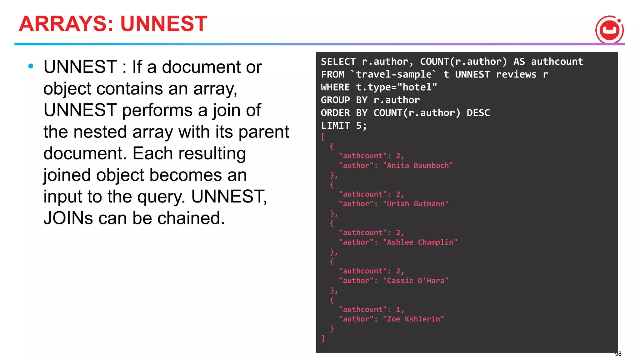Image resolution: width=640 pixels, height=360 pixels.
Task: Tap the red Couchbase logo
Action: pos(609,30)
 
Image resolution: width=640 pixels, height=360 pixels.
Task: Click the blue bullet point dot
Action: pos(31,66)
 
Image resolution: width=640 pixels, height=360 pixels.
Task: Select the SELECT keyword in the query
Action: pos(338,62)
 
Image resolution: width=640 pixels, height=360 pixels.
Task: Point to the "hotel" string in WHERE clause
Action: pos(417,87)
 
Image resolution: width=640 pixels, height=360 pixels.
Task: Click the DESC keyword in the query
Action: pos(478,113)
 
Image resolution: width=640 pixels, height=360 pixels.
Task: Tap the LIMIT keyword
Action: pos(335,126)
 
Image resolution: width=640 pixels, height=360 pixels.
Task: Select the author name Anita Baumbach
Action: pos(418,165)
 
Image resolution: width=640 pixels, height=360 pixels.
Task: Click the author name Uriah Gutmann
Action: pos(416,204)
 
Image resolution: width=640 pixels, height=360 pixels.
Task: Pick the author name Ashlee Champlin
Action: pos(420,242)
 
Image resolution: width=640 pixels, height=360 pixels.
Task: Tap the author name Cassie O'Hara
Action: pos(416,281)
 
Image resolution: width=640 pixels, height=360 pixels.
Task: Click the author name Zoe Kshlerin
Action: pos(413,319)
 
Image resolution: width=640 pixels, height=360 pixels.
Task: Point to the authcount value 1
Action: pos(398,309)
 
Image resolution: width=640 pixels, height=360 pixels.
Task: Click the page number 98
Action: pos(618,354)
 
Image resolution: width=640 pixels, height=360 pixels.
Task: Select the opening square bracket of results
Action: pos(323,137)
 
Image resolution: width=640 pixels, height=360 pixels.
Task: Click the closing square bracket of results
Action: pos(323,338)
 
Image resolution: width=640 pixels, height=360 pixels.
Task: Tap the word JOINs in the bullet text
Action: pos(68,218)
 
